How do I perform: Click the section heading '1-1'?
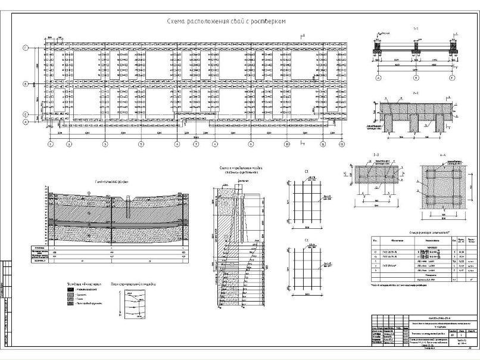[x=416, y=29]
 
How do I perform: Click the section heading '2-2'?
[x=416, y=94]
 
